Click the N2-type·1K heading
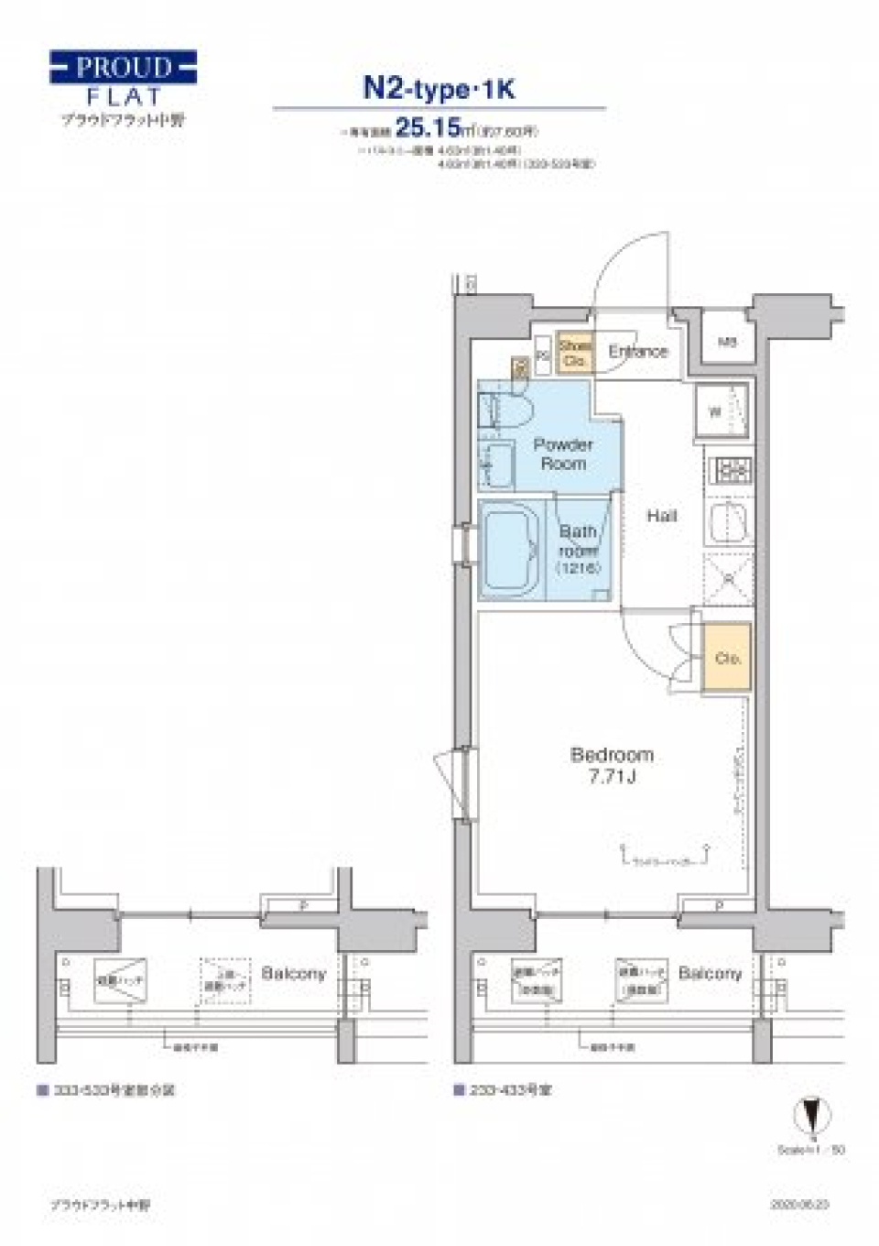(439, 88)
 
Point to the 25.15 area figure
(427, 127)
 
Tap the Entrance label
(638, 351)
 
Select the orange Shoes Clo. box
(575, 354)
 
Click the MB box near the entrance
(727, 343)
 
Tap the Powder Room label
(563, 454)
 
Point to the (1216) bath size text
(578, 568)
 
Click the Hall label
(661, 516)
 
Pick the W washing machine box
(721, 411)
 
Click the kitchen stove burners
(731, 470)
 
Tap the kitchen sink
(729, 523)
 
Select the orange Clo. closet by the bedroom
(727, 657)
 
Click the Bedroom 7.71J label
(612, 766)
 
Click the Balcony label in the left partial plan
(293, 973)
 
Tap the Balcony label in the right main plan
(710, 973)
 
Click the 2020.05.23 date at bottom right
(801, 1204)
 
